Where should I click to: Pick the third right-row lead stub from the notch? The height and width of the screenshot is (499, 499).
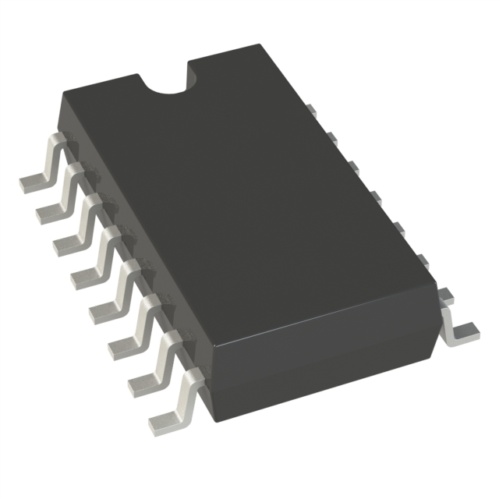(x=352, y=166)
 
